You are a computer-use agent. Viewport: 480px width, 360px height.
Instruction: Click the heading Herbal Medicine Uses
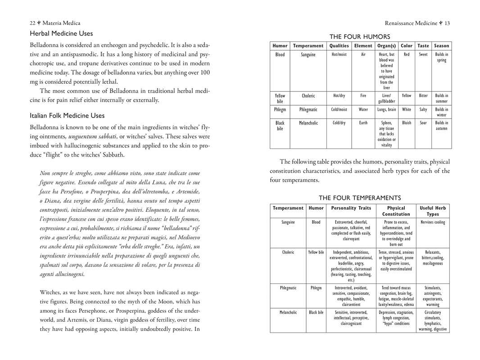61,33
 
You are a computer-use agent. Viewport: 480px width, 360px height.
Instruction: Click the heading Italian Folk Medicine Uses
67,116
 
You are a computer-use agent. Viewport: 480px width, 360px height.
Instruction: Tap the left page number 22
32,23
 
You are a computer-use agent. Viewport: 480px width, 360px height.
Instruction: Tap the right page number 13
447,23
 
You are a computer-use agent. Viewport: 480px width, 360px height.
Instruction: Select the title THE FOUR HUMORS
360,36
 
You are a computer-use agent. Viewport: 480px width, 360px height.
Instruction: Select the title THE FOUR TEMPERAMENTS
360,198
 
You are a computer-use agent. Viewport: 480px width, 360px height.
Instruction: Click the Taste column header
423,45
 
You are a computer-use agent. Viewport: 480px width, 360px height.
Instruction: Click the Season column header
441,45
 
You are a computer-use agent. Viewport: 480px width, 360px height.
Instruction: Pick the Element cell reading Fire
363,95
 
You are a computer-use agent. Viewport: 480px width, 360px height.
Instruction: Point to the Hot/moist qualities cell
339,54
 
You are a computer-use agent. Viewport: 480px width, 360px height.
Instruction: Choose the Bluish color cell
407,122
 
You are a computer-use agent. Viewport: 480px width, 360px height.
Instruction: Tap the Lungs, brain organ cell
386,109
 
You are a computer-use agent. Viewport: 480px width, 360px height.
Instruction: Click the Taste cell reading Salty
423,109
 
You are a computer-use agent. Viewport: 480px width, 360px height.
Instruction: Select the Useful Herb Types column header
433,211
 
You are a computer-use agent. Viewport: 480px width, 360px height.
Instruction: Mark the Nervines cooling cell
433,222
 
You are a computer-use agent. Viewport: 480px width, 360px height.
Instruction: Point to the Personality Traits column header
351,208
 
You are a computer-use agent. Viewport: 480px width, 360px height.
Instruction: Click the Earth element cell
363,122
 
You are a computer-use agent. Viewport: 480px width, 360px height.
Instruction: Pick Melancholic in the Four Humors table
308,122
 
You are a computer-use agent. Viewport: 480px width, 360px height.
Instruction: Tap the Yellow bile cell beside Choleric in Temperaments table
316,252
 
